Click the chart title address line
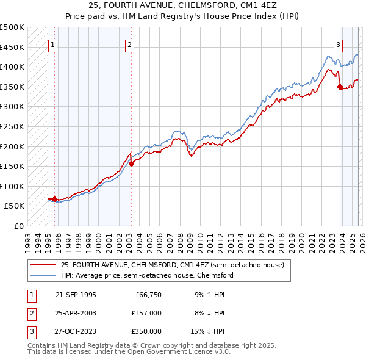click(183, 5)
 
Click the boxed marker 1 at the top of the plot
click(52, 44)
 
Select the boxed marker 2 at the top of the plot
click(131, 44)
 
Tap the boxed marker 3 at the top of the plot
click(338, 44)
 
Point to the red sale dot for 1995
click(55, 199)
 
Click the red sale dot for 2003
click(131, 164)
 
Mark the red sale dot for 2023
click(340, 87)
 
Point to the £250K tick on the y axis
click(13, 126)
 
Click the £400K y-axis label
click(13, 67)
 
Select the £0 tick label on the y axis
click(18, 226)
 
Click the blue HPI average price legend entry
click(146, 275)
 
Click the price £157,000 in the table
click(146, 313)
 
